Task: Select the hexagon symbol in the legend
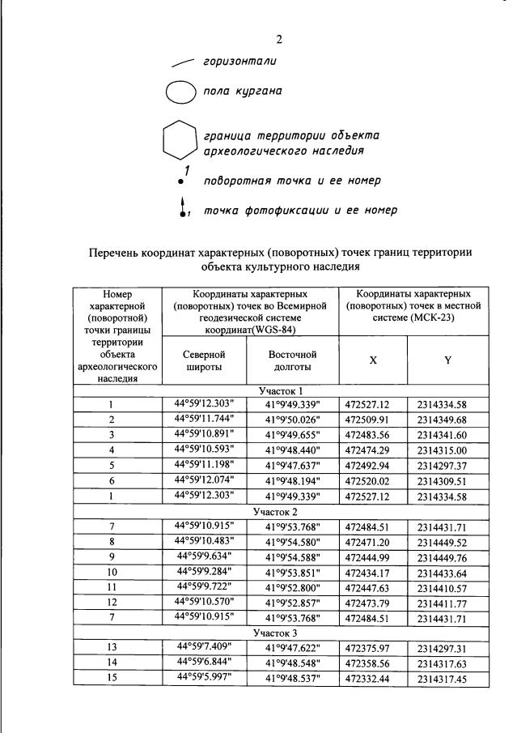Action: tap(180, 140)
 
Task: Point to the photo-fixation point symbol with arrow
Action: tap(184, 209)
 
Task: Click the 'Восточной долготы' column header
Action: tap(293, 360)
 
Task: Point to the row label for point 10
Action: tap(112, 573)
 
